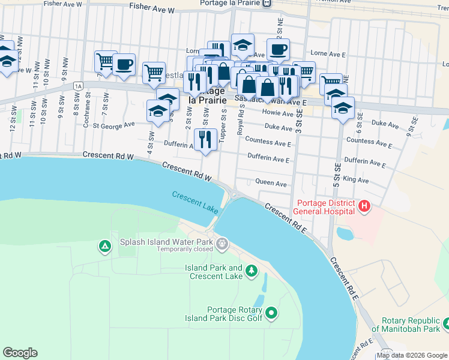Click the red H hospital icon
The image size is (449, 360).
tap(364, 207)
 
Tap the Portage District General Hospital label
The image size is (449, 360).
tap(325, 207)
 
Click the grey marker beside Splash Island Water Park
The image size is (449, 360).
tap(223, 243)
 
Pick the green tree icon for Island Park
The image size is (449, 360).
tap(251, 271)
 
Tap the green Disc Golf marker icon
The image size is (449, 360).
tap(271, 313)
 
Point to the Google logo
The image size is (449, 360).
tap(20, 353)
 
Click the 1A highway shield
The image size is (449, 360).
tap(78, 86)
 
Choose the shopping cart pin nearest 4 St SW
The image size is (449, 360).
tap(154, 73)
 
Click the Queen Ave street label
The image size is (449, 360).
tap(271, 183)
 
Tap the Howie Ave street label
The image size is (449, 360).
tap(279, 113)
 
